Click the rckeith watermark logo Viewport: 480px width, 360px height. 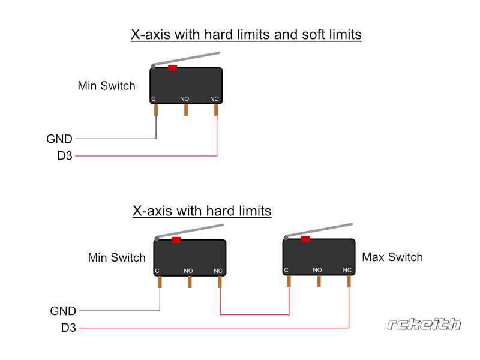[x=424, y=324]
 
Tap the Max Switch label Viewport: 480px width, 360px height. [x=392, y=257]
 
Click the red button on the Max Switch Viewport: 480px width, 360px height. [x=305, y=239]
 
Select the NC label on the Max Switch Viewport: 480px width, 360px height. [x=347, y=270]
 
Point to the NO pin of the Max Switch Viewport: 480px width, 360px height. [x=319, y=281]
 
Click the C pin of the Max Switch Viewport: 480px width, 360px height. [x=289, y=281]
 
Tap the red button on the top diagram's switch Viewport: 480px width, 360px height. [x=173, y=68]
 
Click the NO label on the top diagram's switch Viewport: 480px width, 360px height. [x=184, y=98]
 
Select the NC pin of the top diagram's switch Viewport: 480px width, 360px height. [x=216, y=110]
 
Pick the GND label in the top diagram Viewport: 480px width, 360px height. [x=59, y=139]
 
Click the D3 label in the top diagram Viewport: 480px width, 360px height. [x=65, y=156]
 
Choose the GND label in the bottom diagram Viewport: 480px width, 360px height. [x=63, y=311]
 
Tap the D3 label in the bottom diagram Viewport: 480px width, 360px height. [x=68, y=328]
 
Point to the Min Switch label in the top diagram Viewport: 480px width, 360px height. [x=107, y=86]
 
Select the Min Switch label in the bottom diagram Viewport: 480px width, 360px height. [x=116, y=257]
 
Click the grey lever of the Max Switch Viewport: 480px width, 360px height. [x=319, y=230]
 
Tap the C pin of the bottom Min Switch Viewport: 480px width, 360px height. [x=160, y=282]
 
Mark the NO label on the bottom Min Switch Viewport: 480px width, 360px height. [x=188, y=271]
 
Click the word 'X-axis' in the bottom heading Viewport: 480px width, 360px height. [x=152, y=211]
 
